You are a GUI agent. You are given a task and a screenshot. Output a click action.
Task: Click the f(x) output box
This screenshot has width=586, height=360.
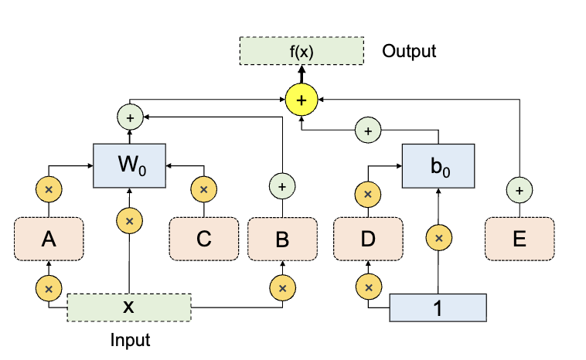tap(302, 52)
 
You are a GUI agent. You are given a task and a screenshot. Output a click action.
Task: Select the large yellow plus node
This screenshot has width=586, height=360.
tap(302, 100)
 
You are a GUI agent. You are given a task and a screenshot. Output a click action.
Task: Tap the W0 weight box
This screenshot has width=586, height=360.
tap(129, 165)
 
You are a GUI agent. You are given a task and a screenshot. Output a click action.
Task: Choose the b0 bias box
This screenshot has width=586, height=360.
tap(438, 165)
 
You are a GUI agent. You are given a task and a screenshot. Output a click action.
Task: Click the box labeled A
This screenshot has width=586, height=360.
tap(49, 239)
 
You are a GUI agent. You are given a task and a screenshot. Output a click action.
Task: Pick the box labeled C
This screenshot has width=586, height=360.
tap(204, 239)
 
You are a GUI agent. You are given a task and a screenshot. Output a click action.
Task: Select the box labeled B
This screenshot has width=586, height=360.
tap(282, 239)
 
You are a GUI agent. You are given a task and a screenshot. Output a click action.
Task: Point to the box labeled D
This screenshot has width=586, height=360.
tap(367, 239)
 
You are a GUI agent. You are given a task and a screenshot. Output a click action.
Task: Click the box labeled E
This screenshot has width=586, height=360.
tap(520, 239)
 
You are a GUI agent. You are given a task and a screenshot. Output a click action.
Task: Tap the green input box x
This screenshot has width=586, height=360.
tap(129, 307)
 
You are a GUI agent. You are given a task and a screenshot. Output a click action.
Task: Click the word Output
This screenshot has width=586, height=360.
tap(409, 52)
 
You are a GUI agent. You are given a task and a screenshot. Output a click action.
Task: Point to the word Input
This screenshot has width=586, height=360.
tap(130, 339)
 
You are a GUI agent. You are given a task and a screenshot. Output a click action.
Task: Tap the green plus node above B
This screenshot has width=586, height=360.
tap(282, 186)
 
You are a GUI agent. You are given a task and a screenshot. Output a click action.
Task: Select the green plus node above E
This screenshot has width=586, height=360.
tap(520, 188)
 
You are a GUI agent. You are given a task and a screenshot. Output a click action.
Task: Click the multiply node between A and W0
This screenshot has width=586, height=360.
tap(49, 189)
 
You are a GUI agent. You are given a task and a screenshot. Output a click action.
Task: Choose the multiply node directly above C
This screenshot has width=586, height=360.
tap(204, 189)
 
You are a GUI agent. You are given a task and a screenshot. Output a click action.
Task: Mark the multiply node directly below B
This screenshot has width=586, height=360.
tap(282, 288)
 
